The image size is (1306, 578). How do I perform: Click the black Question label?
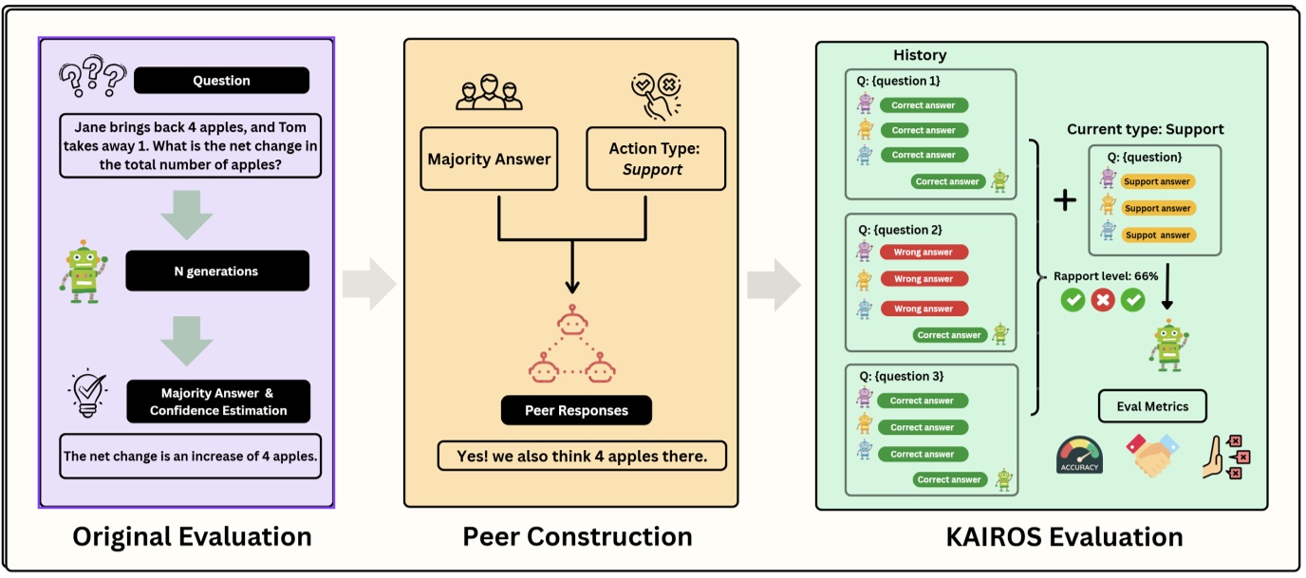pyautogui.click(x=221, y=81)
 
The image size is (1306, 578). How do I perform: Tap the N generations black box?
pyautogui.click(x=216, y=271)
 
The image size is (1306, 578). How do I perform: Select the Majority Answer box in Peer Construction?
pyautogui.click(x=488, y=158)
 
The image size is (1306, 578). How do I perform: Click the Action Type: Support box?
pyautogui.click(x=654, y=158)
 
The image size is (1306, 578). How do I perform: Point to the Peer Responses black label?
pyautogui.click(x=576, y=411)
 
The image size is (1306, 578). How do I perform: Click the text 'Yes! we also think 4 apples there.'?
pyautogui.click(x=582, y=457)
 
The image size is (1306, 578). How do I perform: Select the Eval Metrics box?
pyautogui.click(x=1152, y=406)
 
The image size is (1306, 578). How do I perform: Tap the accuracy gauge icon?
pyautogui.click(x=1079, y=455)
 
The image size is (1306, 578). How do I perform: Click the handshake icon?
pyautogui.click(x=1152, y=456)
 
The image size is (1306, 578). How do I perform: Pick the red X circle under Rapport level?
pyautogui.click(x=1103, y=301)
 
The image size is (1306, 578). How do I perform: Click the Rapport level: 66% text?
pyautogui.click(x=1106, y=276)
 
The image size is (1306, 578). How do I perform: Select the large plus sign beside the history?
pyautogui.click(x=1066, y=200)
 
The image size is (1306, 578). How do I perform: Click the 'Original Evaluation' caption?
pyautogui.click(x=192, y=536)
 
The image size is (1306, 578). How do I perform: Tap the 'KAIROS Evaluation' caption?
pyautogui.click(x=1064, y=536)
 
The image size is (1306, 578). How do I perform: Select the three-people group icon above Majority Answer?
pyautogui.click(x=489, y=94)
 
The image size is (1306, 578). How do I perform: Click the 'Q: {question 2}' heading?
pyautogui.click(x=900, y=230)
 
